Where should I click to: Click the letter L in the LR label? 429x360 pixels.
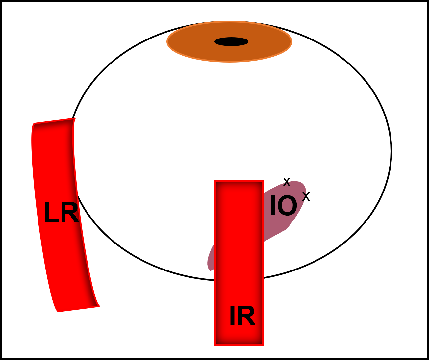click(x=50, y=213)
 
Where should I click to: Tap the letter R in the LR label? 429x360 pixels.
click(x=70, y=213)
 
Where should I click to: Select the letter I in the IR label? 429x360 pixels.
click(x=232, y=316)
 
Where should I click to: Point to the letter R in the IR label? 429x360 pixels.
click(x=246, y=316)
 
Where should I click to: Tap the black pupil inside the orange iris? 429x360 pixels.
click(x=231, y=42)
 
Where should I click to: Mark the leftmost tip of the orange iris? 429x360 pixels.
click(x=167, y=42)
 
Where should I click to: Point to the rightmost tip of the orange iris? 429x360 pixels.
click(x=292, y=42)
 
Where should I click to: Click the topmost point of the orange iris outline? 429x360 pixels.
click(x=230, y=22)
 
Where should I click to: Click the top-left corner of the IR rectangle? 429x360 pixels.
click(x=215, y=181)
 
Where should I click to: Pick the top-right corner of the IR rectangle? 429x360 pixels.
click(x=263, y=181)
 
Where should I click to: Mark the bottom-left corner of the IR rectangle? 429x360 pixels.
click(x=215, y=344)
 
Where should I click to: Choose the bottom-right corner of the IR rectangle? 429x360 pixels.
click(x=263, y=344)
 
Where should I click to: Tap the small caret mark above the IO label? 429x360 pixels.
click(x=287, y=184)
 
